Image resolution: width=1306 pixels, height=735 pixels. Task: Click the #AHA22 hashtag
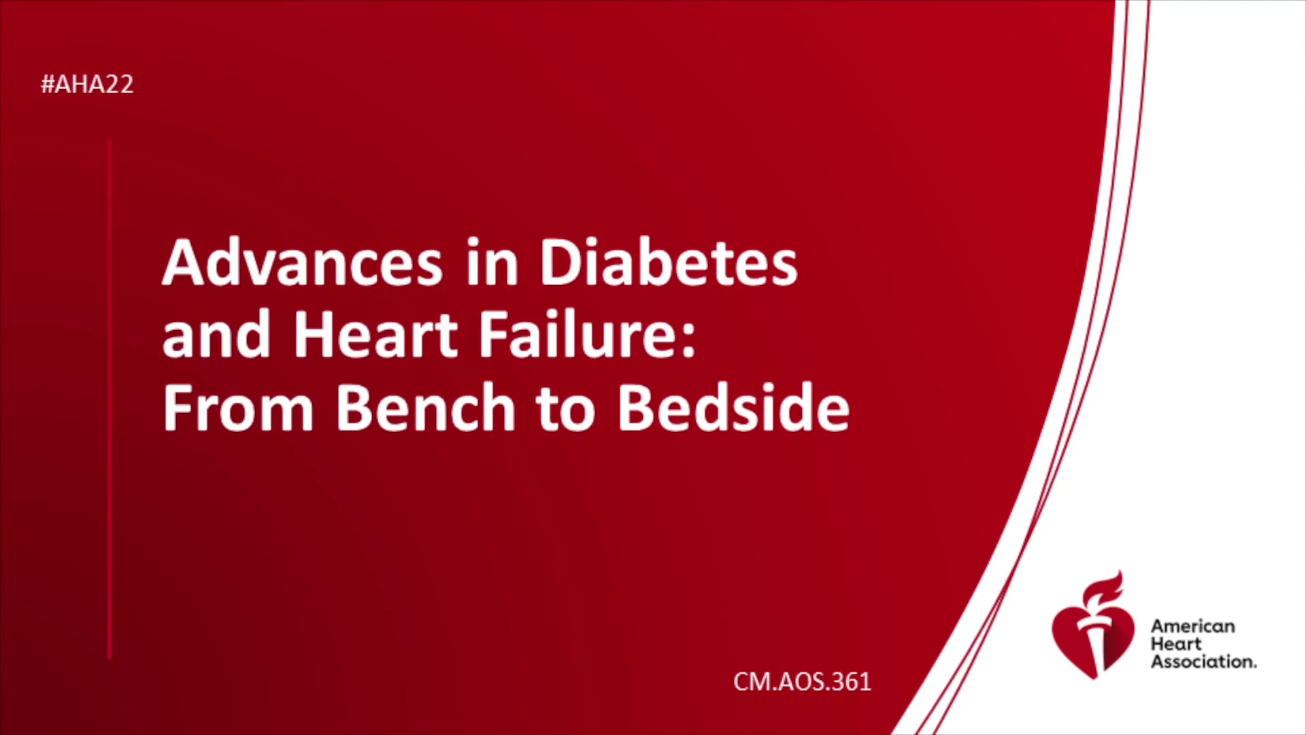point(87,84)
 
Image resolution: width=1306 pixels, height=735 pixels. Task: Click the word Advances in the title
point(303,263)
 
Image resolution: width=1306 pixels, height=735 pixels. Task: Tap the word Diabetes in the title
point(669,263)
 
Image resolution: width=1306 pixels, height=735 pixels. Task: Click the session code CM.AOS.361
point(802,681)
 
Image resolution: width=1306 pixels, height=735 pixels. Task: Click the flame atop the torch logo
point(1103,589)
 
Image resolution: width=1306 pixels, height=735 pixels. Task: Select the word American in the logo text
point(1192,626)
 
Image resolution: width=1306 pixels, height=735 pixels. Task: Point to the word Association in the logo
point(1203,661)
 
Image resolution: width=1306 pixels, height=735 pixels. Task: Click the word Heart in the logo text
point(1175,644)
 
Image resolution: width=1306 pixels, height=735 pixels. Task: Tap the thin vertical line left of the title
point(110,399)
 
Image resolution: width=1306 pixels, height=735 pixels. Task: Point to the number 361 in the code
point(851,681)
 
